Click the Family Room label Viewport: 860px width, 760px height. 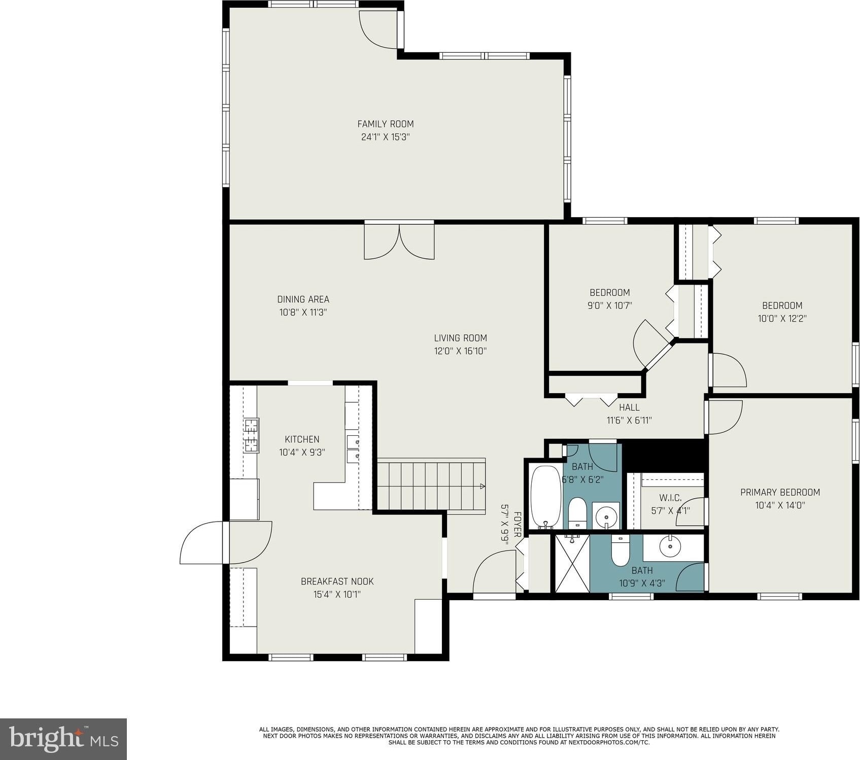pyautogui.click(x=386, y=124)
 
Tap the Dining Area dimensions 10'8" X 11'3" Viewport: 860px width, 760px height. pyautogui.click(x=303, y=313)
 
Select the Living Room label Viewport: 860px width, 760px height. pyautogui.click(x=460, y=338)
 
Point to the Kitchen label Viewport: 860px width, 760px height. pyautogui.click(x=302, y=439)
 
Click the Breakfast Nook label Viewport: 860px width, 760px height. pyautogui.click(x=337, y=581)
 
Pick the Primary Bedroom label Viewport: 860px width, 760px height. pyautogui.click(x=780, y=492)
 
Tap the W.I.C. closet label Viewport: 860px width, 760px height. pyautogui.click(x=670, y=498)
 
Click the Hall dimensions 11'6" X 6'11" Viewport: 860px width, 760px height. pyautogui.click(x=629, y=420)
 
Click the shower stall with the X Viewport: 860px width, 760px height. pyautogui.click(x=573, y=563)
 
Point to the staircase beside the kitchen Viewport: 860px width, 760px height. pyautogui.click(x=431, y=486)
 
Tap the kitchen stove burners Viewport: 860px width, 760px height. pyautogui.click(x=251, y=435)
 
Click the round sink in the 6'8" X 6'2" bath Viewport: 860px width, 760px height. pyautogui.click(x=606, y=517)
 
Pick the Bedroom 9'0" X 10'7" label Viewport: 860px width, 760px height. pyautogui.click(x=609, y=293)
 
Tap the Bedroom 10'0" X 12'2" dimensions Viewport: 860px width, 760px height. pyautogui.click(x=782, y=319)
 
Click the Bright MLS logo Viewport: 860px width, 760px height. pyautogui.click(x=63, y=739)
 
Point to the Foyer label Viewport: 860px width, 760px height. pyautogui.click(x=518, y=525)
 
